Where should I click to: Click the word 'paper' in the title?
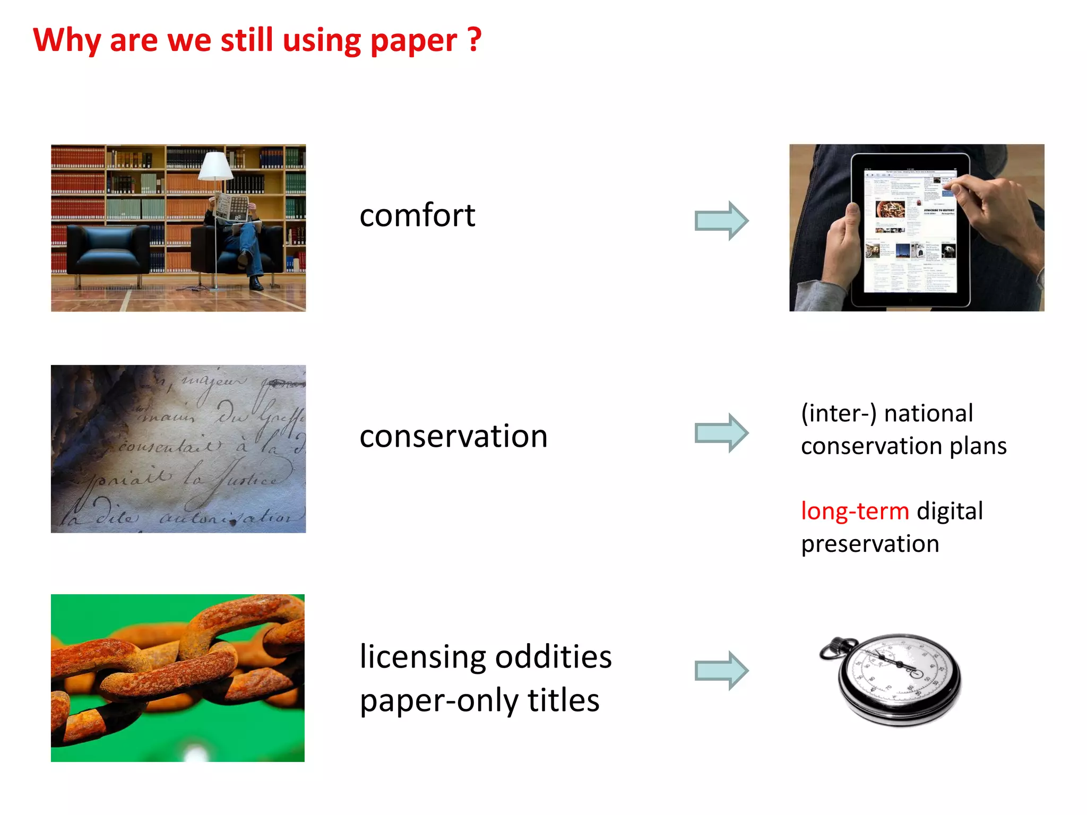tap(413, 41)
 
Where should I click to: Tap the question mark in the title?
tap(475, 40)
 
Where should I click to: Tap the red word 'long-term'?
tap(855, 511)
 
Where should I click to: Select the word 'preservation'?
tap(870, 544)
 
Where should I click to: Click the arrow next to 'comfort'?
tap(721, 221)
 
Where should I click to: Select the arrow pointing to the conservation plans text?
tap(721, 433)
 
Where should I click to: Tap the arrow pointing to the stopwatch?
tap(721, 671)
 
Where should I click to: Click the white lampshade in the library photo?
tap(215, 166)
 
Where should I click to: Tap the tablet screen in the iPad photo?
tap(910, 231)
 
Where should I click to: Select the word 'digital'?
tap(950, 511)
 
